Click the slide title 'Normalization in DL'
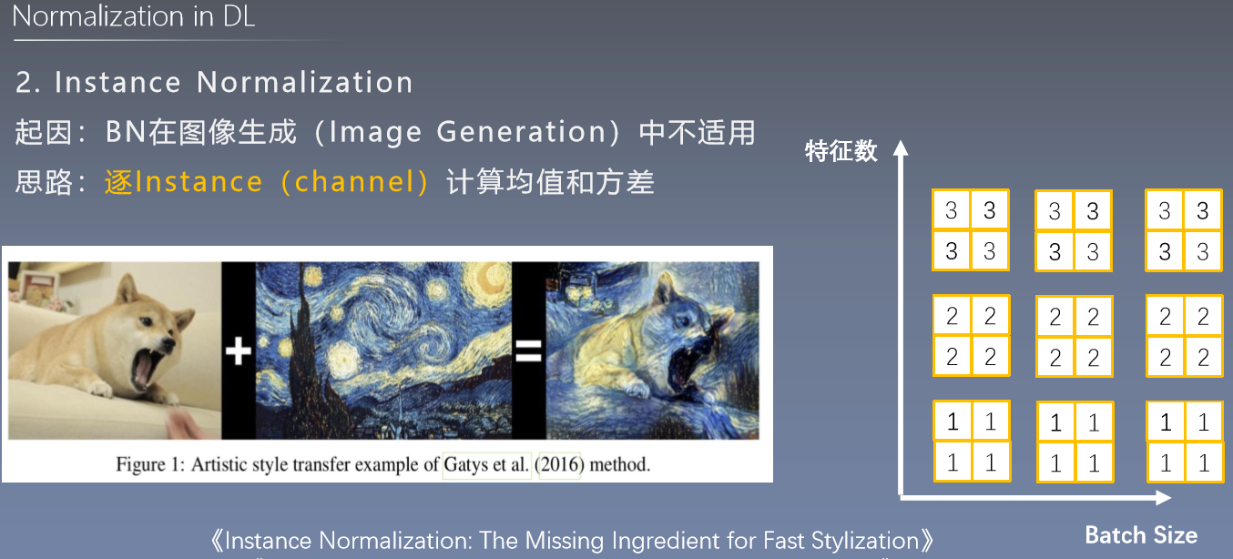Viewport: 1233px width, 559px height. point(133,16)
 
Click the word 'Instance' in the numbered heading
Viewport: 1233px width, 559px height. point(117,83)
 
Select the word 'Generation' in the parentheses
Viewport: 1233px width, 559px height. point(521,133)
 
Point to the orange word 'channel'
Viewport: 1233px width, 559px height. point(354,182)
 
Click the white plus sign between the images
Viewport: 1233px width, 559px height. point(239,351)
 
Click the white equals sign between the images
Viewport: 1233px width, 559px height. point(528,351)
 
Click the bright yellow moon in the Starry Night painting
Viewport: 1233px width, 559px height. point(487,281)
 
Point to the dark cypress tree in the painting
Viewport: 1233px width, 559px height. point(305,358)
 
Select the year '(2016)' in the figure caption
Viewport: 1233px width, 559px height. point(559,465)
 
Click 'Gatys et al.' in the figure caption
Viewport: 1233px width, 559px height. point(486,465)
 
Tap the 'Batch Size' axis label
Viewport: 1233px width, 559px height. point(1141,535)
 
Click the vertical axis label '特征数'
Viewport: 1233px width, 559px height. point(841,151)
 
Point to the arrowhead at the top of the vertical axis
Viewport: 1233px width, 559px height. point(901,147)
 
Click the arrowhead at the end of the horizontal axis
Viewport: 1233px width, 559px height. point(1163,498)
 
